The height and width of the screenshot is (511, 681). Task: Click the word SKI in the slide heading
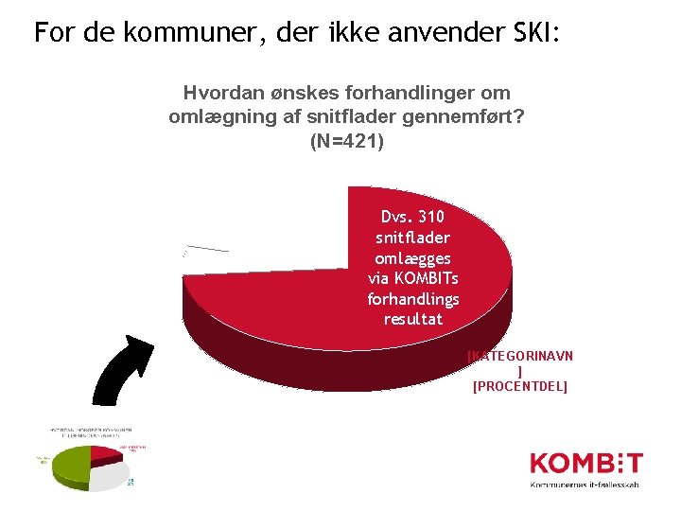pos(536,33)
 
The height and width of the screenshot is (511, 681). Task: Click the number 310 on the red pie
pos(428,217)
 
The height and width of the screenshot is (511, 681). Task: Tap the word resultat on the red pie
pos(413,320)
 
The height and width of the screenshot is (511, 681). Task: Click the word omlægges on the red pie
pos(413,258)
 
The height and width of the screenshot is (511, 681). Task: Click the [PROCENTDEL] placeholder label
pos(519,386)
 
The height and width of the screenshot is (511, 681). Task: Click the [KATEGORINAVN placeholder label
pos(520,356)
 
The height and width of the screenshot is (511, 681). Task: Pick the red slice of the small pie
pos(104,455)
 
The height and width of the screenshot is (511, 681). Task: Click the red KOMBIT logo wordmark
pos(585,464)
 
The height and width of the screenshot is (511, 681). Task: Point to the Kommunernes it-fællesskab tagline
pos(584,485)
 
